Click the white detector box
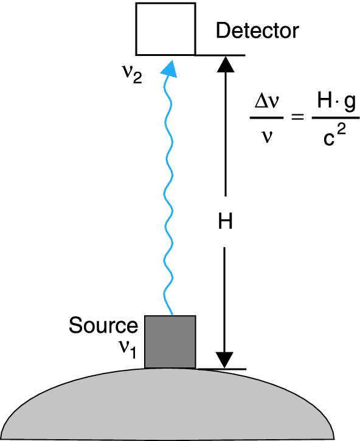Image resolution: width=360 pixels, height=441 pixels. pos(166,29)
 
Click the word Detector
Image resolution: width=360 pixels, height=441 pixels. pos(257,31)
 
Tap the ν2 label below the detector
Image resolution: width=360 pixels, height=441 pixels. pos(131,75)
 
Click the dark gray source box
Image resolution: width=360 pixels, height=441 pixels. pos(170,341)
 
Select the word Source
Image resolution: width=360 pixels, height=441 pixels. pos(103,325)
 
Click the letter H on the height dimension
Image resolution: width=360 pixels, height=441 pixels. pos(226,222)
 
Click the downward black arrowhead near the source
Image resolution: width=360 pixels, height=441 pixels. pos(226,359)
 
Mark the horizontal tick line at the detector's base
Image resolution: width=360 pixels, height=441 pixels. pos(220,55)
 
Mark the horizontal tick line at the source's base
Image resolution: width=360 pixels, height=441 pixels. pos(220,369)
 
